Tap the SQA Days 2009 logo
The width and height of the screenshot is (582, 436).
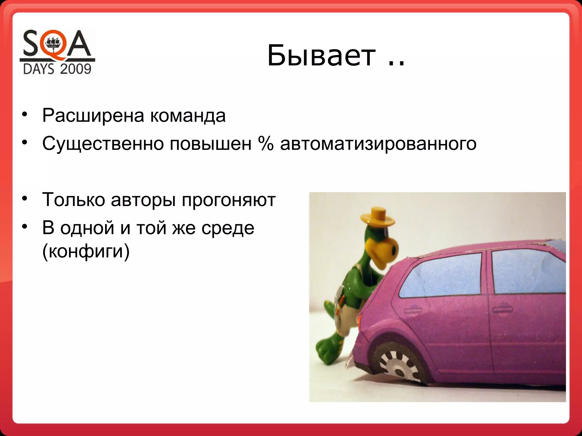pos(57,53)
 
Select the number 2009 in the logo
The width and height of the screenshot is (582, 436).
pos(75,69)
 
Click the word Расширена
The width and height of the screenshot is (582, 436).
pos(93,116)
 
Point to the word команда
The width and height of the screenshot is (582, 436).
pos(188,116)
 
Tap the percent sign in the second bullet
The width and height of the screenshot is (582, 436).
pos(266,144)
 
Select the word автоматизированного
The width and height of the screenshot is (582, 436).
pos(378,144)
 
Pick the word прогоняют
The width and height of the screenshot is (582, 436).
pos(228,200)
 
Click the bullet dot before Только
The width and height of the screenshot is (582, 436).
pos(25,198)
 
